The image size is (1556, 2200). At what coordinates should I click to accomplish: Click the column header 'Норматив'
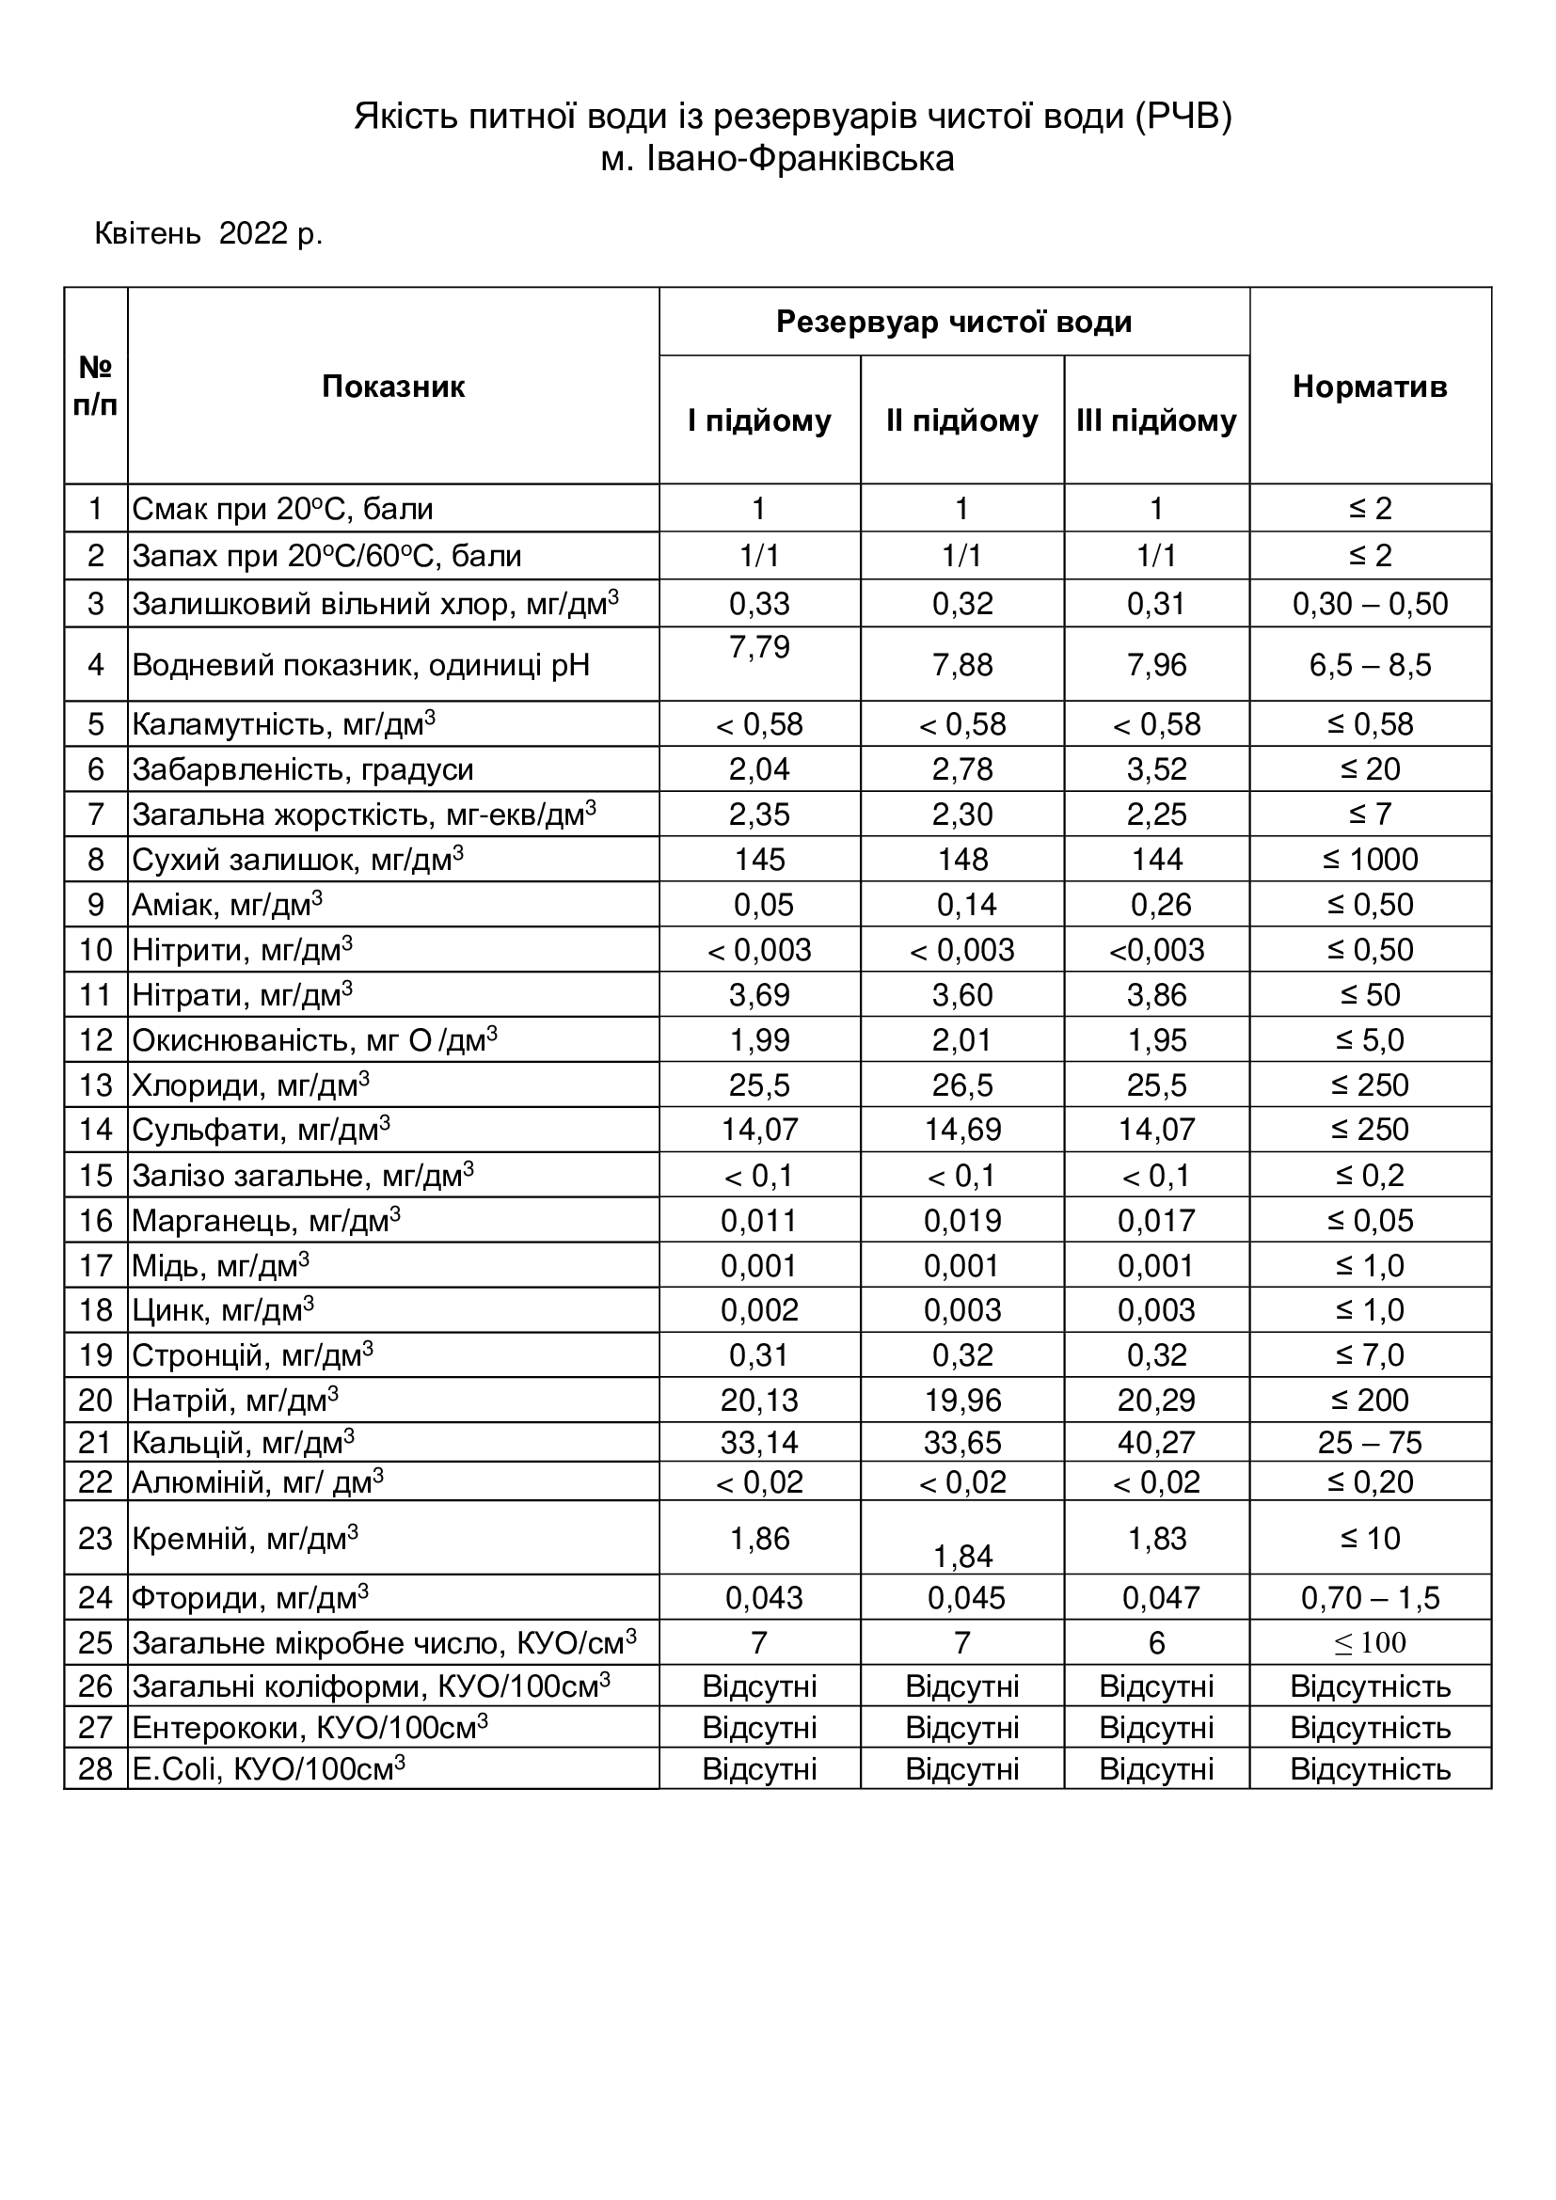click(x=1369, y=387)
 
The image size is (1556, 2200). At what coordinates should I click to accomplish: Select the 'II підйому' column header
click(x=962, y=420)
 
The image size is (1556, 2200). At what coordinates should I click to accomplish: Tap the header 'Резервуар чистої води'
click(x=953, y=322)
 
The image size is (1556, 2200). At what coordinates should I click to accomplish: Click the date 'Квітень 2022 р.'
click(x=208, y=233)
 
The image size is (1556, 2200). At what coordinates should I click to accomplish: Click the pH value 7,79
click(x=759, y=647)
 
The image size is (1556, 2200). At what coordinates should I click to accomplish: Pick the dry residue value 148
click(x=962, y=860)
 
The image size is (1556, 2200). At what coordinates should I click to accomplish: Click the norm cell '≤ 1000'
click(x=1369, y=860)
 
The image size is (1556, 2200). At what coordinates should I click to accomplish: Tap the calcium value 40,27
click(x=1156, y=1442)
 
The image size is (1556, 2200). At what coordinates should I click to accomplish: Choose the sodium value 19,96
click(x=962, y=1400)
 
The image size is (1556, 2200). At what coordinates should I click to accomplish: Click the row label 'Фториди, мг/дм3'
click(x=250, y=1598)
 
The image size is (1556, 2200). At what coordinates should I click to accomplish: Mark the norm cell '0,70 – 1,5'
click(x=1369, y=1598)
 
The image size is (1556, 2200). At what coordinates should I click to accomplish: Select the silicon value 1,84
click(x=962, y=1556)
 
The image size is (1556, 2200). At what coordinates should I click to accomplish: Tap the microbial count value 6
click(x=1156, y=1643)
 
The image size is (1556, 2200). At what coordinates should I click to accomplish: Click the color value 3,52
click(x=1156, y=769)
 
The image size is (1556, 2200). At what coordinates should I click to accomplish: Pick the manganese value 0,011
click(x=759, y=1221)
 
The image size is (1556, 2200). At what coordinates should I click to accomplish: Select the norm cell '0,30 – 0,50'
click(x=1369, y=604)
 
